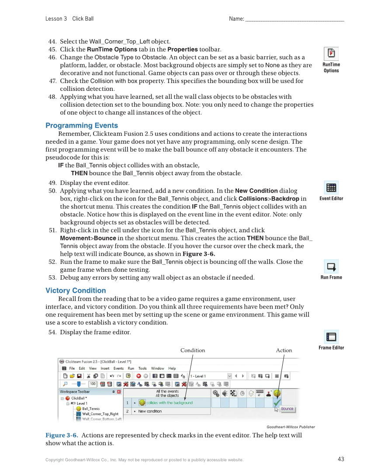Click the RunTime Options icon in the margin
pyautogui.click(x=331, y=53)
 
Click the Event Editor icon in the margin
pyautogui.click(x=331, y=187)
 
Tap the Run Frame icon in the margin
pyautogui.click(x=331, y=266)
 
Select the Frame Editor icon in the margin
pyautogui.click(x=331, y=337)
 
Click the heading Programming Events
pyautogui.click(x=82, y=125)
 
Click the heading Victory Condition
pyautogui.click(x=76, y=291)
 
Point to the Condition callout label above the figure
pyautogui.click(x=193, y=350)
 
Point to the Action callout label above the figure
pyautogui.click(x=284, y=350)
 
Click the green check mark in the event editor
pyautogui.click(x=277, y=402)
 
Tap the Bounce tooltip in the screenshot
pyautogui.click(x=287, y=409)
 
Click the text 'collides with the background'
pyautogui.click(x=169, y=403)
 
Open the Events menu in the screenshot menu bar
pyautogui.click(x=118, y=368)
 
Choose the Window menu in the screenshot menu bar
pyautogui.click(x=157, y=368)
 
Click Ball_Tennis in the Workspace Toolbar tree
pyautogui.click(x=91, y=409)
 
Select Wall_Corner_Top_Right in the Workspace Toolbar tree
pyautogui.click(x=100, y=414)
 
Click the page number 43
pyautogui.click(x=341, y=459)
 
